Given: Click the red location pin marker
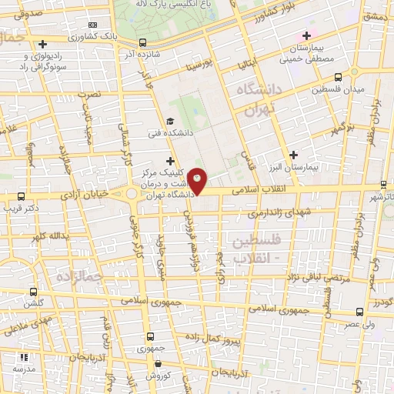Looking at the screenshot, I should (x=198, y=180).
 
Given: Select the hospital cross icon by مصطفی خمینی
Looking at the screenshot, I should (x=307, y=35).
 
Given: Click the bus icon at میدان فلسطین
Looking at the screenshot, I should (x=339, y=77).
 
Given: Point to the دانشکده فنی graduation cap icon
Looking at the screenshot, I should (x=170, y=121).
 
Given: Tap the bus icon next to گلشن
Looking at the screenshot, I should (x=33, y=292).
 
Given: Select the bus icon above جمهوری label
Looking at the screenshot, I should (x=149, y=336).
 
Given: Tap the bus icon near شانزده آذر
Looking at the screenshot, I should (x=142, y=43).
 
